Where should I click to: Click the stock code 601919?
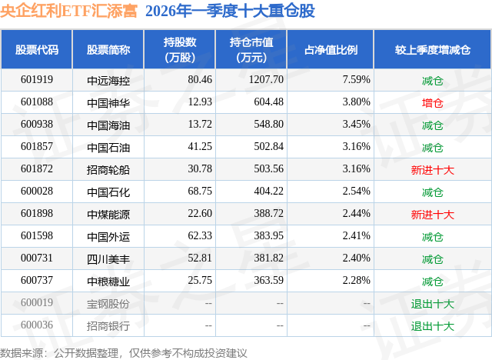pyautogui.click(x=37, y=79)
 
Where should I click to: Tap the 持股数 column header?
pyautogui.click(x=179, y=49)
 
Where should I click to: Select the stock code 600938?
pyautogui.click(x=37, y=125)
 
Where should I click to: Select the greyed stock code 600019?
pyautogui.click(x=37, y=303)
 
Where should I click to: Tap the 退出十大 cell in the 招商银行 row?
pyautogui.click(x=432, y=325)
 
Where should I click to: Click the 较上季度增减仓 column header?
pyautogui.click(x=432, y=49)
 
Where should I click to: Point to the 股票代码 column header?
pyautogui.click(x=37, y=49)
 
